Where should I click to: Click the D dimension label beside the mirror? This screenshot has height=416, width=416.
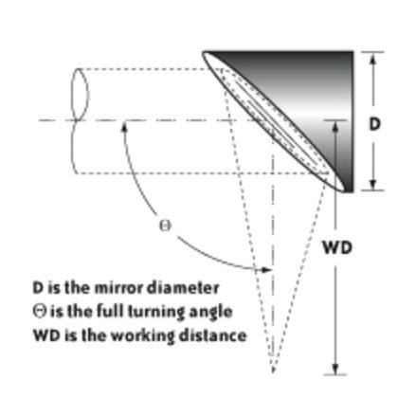click(374, 124)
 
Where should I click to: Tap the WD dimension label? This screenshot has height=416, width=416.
click(337, 247)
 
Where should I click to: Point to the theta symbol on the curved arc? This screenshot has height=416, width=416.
click(165, 226)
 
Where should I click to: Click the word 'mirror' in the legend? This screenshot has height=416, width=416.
click(120, 288)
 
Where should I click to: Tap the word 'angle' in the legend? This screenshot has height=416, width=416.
click(210, 312)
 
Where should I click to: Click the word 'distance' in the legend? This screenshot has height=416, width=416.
click(212, 335)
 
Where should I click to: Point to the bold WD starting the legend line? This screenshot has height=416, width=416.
click(46, 335)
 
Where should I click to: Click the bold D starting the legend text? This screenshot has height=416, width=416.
click(38, 288)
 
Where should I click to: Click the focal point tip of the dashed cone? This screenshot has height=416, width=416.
click(273, 372)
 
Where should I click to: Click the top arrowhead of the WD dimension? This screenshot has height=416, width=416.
click(335, 126)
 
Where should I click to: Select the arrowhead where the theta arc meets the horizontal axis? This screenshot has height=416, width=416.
click(124, 126)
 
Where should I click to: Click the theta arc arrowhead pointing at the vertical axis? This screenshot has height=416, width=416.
click(266, 269)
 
